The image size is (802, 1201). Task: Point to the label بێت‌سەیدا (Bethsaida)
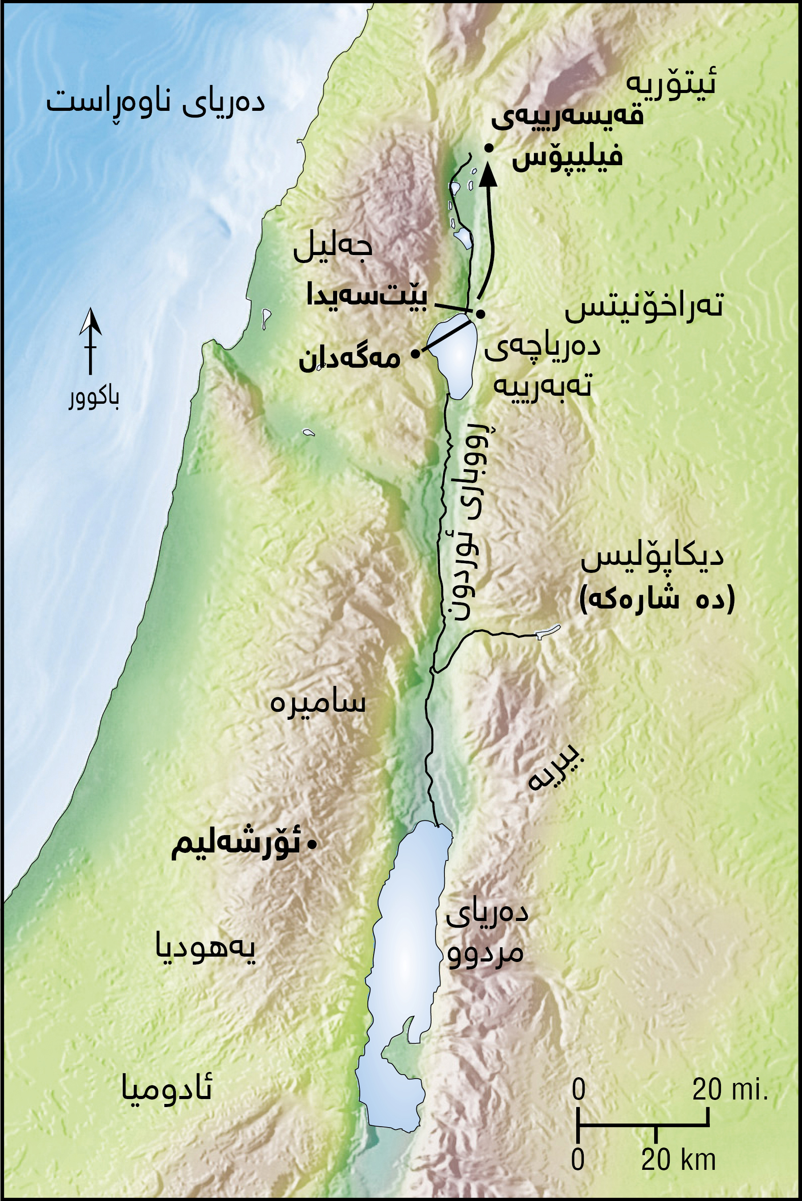[x=367, y=296]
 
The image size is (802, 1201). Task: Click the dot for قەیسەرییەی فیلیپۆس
[x=489, y=148]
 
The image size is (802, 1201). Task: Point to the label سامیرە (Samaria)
[x=318, y=703]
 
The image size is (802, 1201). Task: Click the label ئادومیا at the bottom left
[x=167, y=1090]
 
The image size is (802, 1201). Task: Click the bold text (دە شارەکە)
[x=657, y=599]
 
